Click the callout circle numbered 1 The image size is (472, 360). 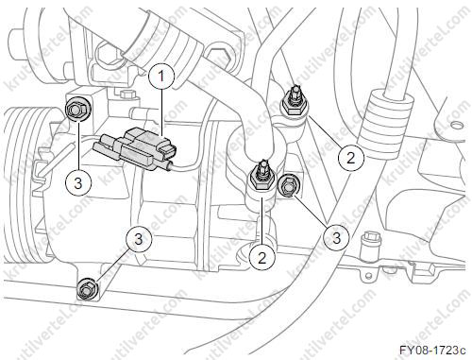coord(161,76)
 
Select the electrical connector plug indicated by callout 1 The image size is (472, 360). coord(135,148)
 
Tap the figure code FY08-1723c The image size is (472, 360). coord(432,350)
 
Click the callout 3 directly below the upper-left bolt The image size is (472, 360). coord(78,182)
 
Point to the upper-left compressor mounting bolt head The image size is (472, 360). coord(76,110)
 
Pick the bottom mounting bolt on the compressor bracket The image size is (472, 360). coord(87,289)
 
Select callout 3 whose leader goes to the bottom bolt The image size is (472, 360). coord(139,239)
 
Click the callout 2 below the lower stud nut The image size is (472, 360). coord(261,258)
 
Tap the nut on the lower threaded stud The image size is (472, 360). coord(261,181)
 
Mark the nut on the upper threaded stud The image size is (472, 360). coord(295,107)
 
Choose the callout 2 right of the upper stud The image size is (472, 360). coord(351,157)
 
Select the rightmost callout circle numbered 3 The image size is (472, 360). coord(336,237)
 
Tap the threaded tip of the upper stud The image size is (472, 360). coord(295,92)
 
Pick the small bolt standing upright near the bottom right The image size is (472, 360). coord(371,243)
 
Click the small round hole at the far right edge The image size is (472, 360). coord(454,126)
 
